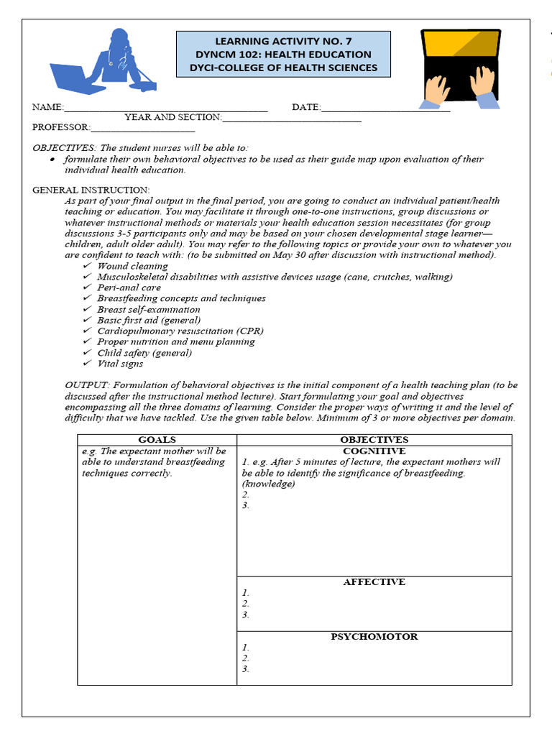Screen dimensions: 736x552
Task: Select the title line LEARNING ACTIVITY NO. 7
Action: click(x=283, y=41)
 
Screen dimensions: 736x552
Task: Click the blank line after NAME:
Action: click(x=165, y=108)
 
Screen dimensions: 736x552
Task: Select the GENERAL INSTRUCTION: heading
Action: click(x=91, y=190)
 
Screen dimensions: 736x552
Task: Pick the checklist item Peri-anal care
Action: click(x=129, y=287)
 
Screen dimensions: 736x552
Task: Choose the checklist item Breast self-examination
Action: click(x=149, y=309)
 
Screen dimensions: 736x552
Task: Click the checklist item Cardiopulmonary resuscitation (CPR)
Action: click(x=180, y=331)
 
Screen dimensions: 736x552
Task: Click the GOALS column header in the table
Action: click(x=157, y=440)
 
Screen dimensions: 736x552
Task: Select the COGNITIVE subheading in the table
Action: click(x=374, y=451)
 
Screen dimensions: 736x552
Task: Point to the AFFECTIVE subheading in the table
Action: click(x=374, y=582)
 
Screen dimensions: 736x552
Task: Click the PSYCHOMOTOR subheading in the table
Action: click(x=374, y=637)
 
